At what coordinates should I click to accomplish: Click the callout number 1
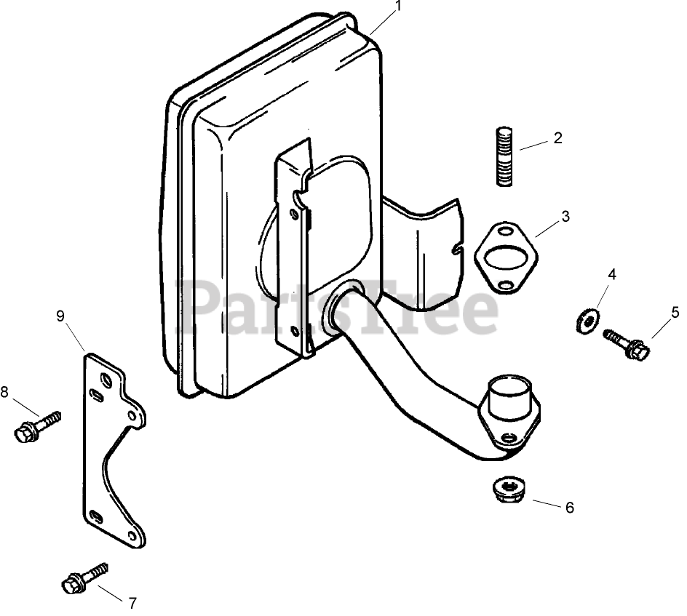coord(398,7)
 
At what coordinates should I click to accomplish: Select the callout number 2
coord(557,137)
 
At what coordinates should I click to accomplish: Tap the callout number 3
coord(565,217)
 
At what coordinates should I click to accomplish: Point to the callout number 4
coord(612,274)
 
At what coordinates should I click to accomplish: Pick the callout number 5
coord(675,312)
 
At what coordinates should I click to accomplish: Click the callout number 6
coord(569,508)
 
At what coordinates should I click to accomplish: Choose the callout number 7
coord(132,603)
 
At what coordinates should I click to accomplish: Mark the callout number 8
coord(4,393)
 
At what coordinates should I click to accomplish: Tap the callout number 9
coord(60,315)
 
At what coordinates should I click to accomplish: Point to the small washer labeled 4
coord(584,321)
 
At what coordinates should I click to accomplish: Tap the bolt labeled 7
coord(85,578)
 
